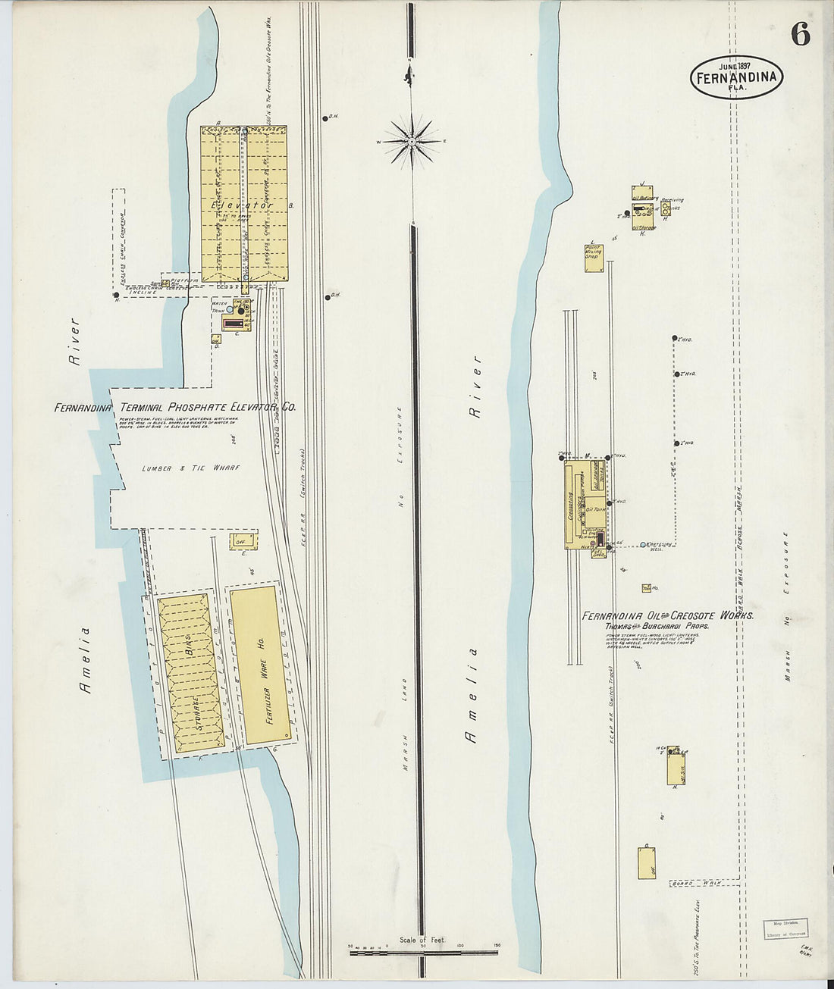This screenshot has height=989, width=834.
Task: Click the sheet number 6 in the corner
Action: click(x=799, y=33)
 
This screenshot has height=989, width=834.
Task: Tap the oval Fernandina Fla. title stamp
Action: click(x=736, y=76)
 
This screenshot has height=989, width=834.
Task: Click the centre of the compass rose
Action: click(x=411, y=141)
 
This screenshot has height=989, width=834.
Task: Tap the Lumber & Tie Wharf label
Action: click(x=190, y=468)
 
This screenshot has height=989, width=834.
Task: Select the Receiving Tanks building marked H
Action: click(x=665, y=210)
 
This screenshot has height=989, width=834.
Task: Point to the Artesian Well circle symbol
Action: click(x=643, y=544)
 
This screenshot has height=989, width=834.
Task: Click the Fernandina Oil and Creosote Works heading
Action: click(x=667, y=616)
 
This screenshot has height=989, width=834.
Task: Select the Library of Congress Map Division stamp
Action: click(x=785, y=928)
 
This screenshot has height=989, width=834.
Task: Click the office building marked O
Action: click(x=647, y=862)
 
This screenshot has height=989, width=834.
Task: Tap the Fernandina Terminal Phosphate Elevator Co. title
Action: click(x=175, y=408)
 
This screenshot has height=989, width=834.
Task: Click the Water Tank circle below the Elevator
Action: click(x=230, y=309)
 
